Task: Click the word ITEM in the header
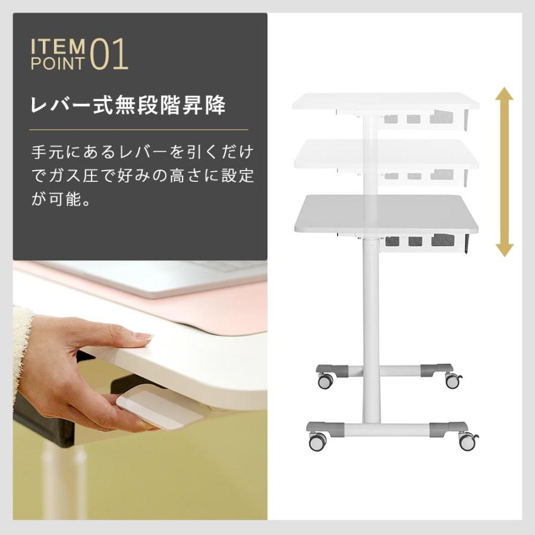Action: (x=58, y=46)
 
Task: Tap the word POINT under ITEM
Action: (x=58, y=64)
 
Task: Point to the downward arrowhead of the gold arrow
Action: (x=504, y=248)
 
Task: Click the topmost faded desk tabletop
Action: (x=385, y=101)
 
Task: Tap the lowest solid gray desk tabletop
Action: (x=386, y=214)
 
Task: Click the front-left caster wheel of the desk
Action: (x=317, y=440)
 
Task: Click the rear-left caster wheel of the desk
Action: (x=325, y=381)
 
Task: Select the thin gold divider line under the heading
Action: (x=139, y=130)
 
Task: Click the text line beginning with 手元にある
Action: (x=142, y=152)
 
